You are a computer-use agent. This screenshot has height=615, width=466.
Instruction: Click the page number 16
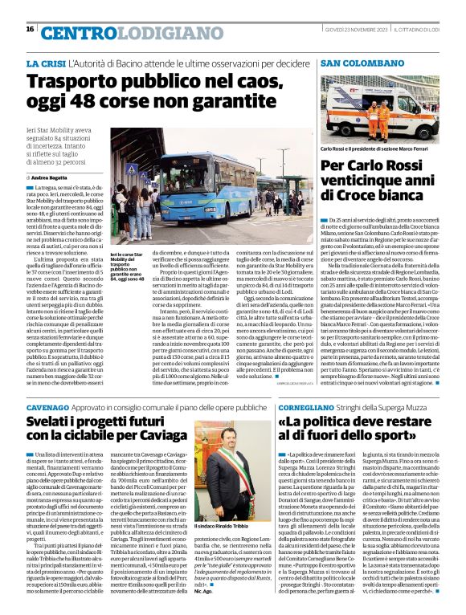coord(29,30)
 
